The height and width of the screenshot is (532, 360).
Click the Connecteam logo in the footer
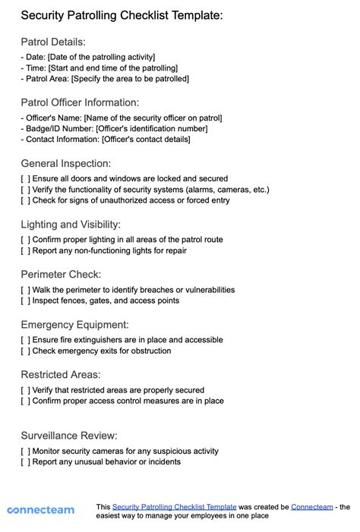pyautogui.click(x=40, y=510)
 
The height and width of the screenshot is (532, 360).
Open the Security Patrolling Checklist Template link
pyautogui.click(x=174, y=506)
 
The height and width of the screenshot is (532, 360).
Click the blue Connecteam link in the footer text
pyautogui.click(x=311, y=506)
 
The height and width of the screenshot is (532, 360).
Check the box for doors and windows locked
pyautogui.click(x=26, y=178)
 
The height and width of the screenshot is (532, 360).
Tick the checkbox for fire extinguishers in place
pyautogui.click(x=26, y=340)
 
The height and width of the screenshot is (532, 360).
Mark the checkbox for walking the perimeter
pyautogui.click(x=26, y=289)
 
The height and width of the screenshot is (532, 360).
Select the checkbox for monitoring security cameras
pyautogui.click(x=26, y=451)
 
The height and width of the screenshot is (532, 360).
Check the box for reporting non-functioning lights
pyautogui.click(x=26, y=250)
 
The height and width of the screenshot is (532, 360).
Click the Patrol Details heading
pyautogui.click(x=53, y=42)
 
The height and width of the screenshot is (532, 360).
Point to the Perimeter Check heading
pyautogui.click(x=61, y=274)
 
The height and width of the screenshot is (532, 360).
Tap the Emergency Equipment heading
pyautogui.click(x=74, y=325)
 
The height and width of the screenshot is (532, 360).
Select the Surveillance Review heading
pyautogui.click(x=69, y=436)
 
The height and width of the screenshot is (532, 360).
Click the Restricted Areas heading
pyautogui.click(x=61, y=374)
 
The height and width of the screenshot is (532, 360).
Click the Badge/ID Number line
pyautogui.click(x=114, y=128)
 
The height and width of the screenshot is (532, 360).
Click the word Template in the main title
pyautogui.click(x=193, y=14)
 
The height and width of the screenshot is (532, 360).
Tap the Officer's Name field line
pyautogui.click(x=122, y=118)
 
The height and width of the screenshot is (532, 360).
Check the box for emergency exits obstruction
pyautogui.click(x=26, y=351)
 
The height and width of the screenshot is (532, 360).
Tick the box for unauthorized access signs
pyautogui.click(x=26, y=200)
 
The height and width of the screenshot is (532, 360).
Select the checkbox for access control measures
pyautogui.click(x=26, y=401)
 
